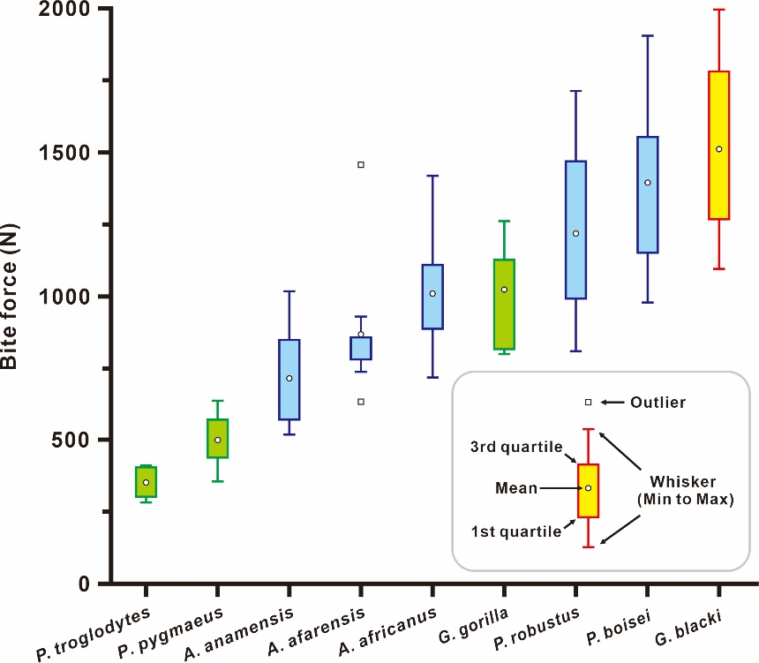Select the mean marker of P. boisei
647,183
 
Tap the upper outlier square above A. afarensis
361,164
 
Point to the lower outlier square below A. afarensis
361,402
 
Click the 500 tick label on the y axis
80,440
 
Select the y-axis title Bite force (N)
12,296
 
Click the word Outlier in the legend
658,403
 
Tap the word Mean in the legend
517,488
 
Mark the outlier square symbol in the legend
588,403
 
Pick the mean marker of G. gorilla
504,289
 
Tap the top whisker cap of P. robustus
575,91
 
